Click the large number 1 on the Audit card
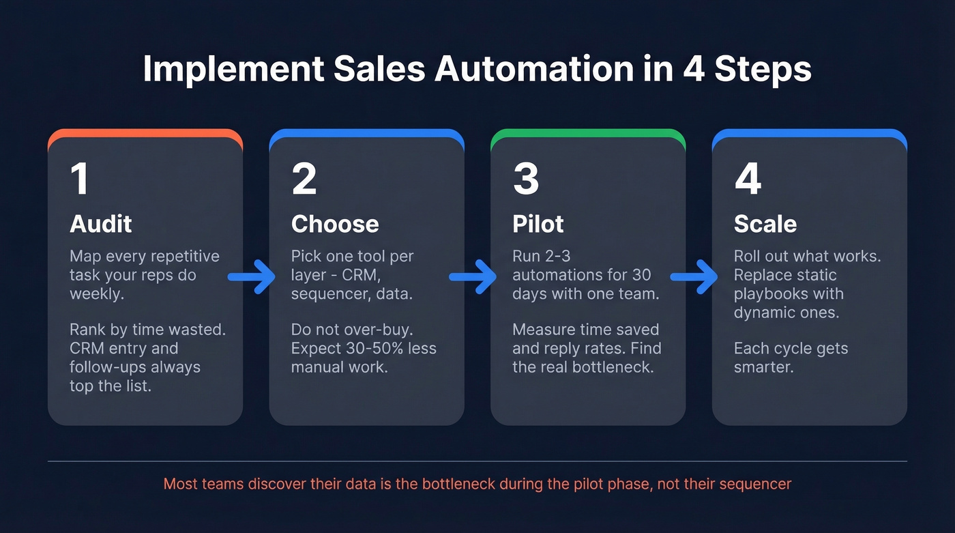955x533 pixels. click(80, 179)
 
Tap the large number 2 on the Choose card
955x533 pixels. click(304, 179)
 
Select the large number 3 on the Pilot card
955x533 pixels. click(526, 179)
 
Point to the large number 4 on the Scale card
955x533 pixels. click(748, 179)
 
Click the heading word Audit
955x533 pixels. click(101, 224)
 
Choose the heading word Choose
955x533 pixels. click(335, 224)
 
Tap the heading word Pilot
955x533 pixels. click(539, 224)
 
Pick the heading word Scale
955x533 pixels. click(764, 224)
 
